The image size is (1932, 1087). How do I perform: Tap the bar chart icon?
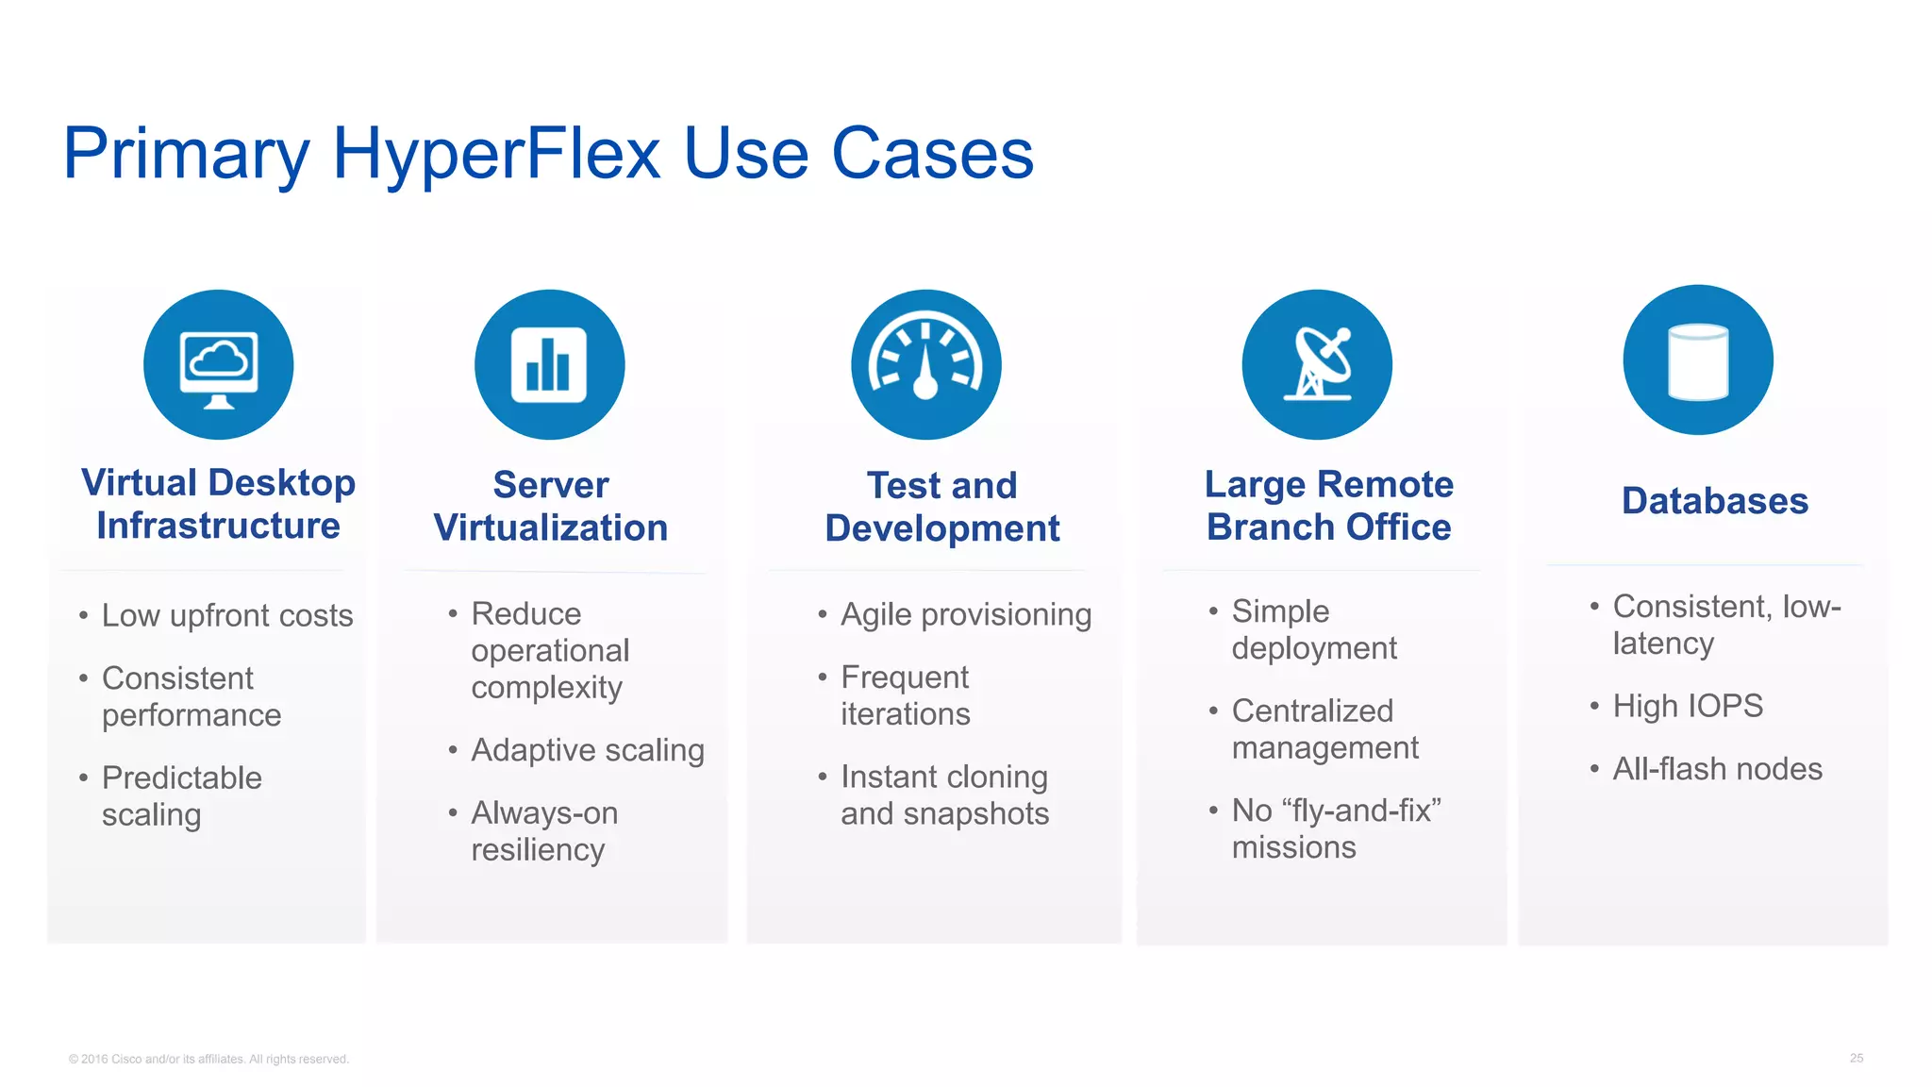549,365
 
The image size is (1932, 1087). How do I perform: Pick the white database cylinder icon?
1698,361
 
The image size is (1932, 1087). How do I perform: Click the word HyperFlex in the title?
496,153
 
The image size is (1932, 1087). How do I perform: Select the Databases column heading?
1714,501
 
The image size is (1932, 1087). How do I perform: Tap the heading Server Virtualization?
551,507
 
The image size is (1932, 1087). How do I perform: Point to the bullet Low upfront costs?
227,616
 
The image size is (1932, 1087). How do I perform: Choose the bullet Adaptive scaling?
588,750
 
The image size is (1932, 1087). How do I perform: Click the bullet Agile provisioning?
966,615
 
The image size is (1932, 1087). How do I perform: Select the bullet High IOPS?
1688,707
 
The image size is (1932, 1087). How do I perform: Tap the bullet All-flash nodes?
1717,769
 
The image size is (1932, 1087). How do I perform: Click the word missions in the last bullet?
1293,847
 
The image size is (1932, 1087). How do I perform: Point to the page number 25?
1856,1059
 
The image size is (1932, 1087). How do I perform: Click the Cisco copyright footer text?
208,1060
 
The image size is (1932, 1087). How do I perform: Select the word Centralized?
1312,711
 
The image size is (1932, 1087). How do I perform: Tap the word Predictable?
182,778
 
